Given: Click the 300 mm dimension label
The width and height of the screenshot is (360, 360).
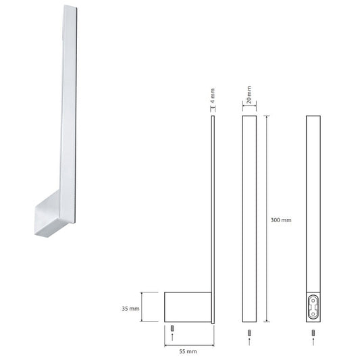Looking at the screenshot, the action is (281, 220).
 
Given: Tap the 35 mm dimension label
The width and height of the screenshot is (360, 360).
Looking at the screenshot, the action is (130, 309).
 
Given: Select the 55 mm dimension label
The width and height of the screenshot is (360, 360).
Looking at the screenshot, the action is (188, 351).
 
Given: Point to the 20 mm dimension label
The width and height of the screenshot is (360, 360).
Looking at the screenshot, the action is (249, 95).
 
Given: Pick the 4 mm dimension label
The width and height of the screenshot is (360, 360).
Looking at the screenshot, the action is (213, 95).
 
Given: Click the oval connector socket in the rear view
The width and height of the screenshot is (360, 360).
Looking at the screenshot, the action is (313, 307).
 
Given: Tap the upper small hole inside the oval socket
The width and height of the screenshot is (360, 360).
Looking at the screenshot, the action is (313, 301).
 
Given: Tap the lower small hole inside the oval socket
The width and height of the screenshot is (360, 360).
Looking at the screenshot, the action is (313, 313).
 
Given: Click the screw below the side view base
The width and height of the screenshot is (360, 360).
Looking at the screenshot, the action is (172, 328).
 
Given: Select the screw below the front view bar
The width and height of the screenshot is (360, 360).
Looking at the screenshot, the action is (249, 333).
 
